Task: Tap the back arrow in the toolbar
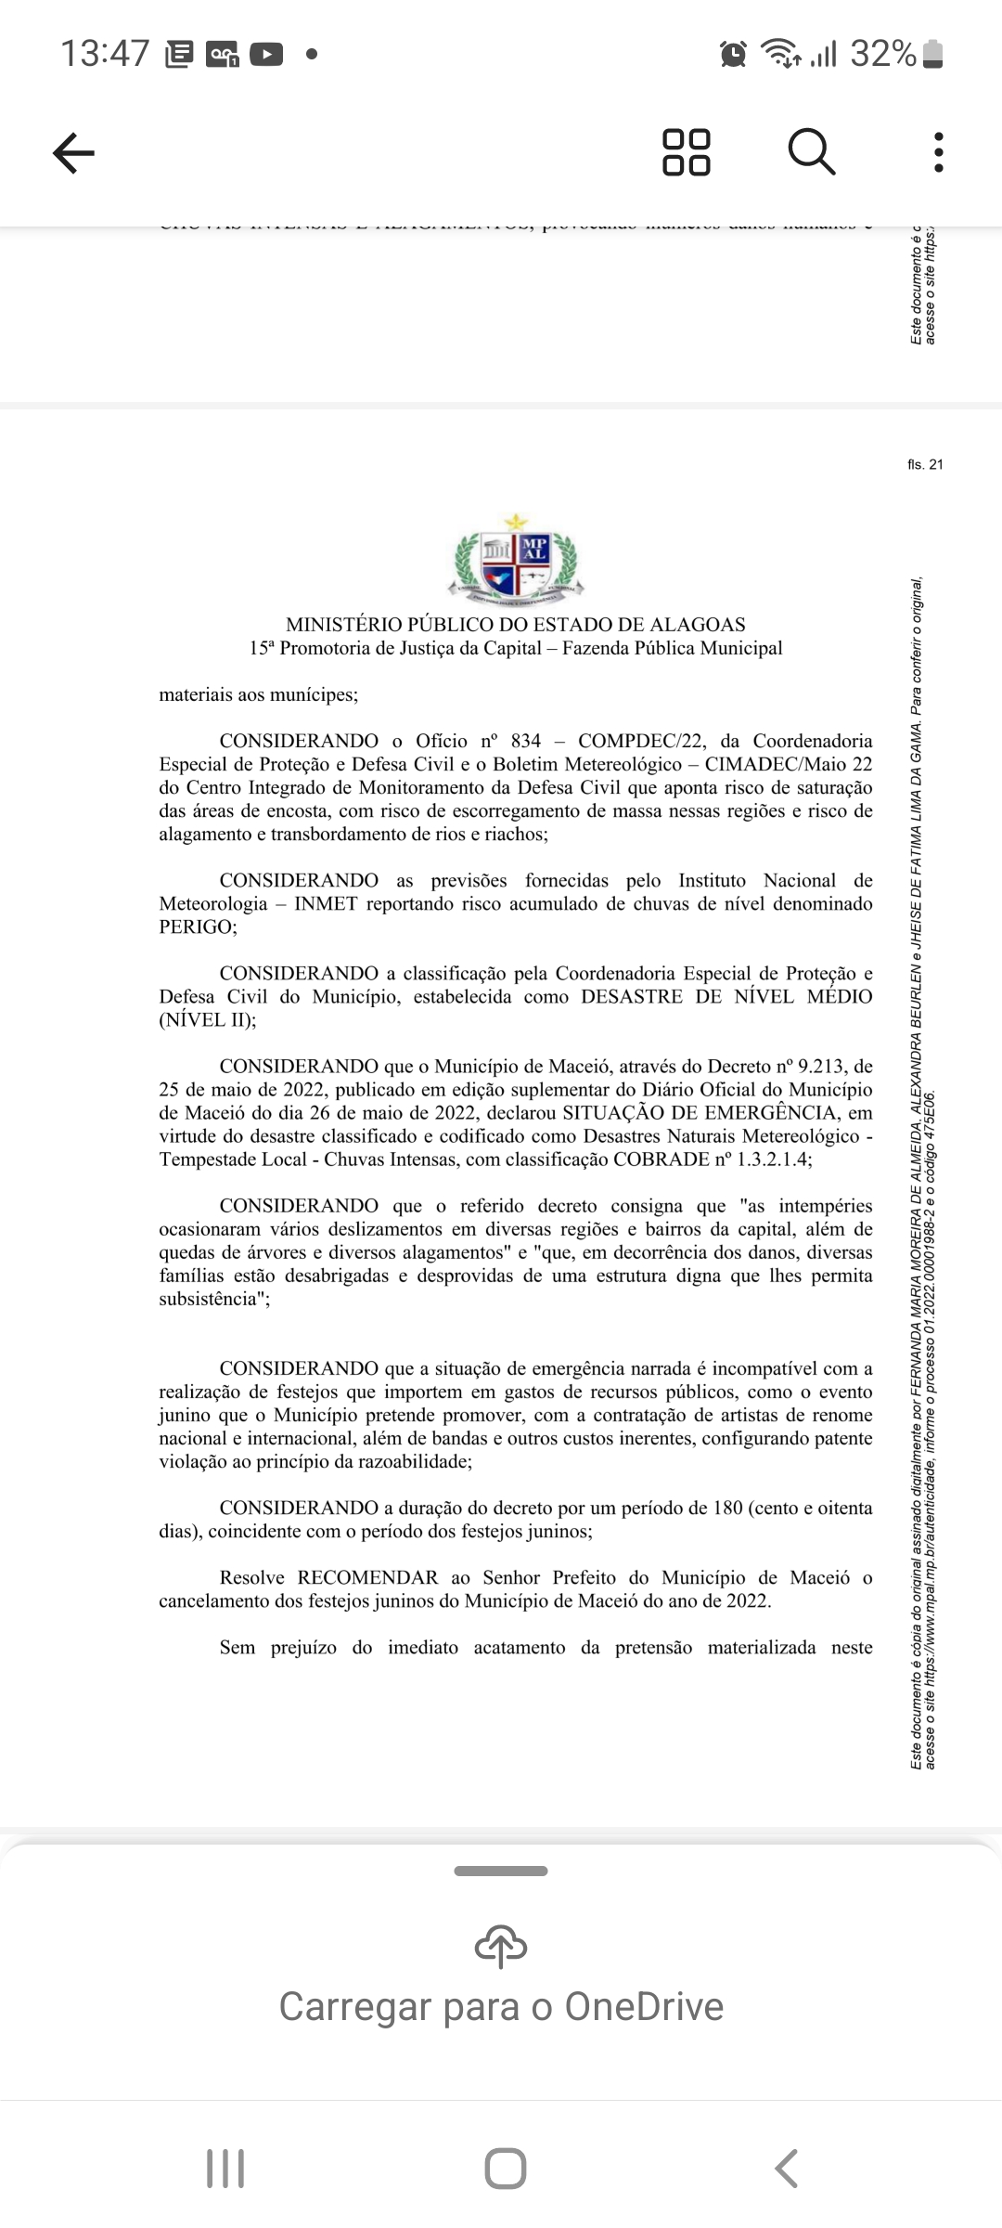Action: tap(73, 152)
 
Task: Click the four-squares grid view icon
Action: tap(687, 152)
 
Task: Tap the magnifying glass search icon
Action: tap(812, 152)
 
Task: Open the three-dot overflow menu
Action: tap(939, 152)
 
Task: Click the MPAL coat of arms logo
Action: tap(516, 556)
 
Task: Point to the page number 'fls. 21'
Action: tap(925, 464)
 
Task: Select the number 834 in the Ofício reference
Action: tap(525, 741)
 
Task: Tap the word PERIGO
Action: tap(197, 926)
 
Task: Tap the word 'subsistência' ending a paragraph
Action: tap(213, 1298)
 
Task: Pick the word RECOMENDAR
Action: tap(367, 1577)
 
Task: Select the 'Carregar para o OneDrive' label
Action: tap(501, 2007)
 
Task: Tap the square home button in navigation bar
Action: tap(506, 2169)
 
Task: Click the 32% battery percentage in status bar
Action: tap(883, 54)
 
